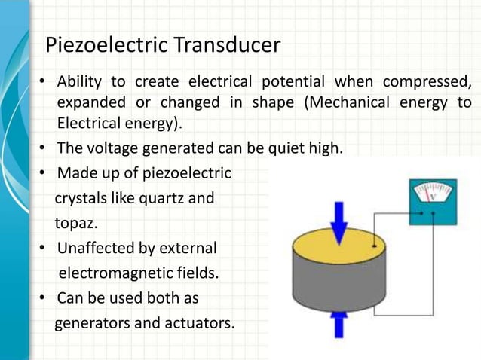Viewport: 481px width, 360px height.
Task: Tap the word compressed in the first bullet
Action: (427, 81)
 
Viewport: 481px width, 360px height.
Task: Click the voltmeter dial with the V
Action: (433, 194)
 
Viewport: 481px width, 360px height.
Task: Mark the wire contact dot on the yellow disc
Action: (375, 246)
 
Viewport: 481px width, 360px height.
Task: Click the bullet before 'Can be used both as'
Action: (43, 298)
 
